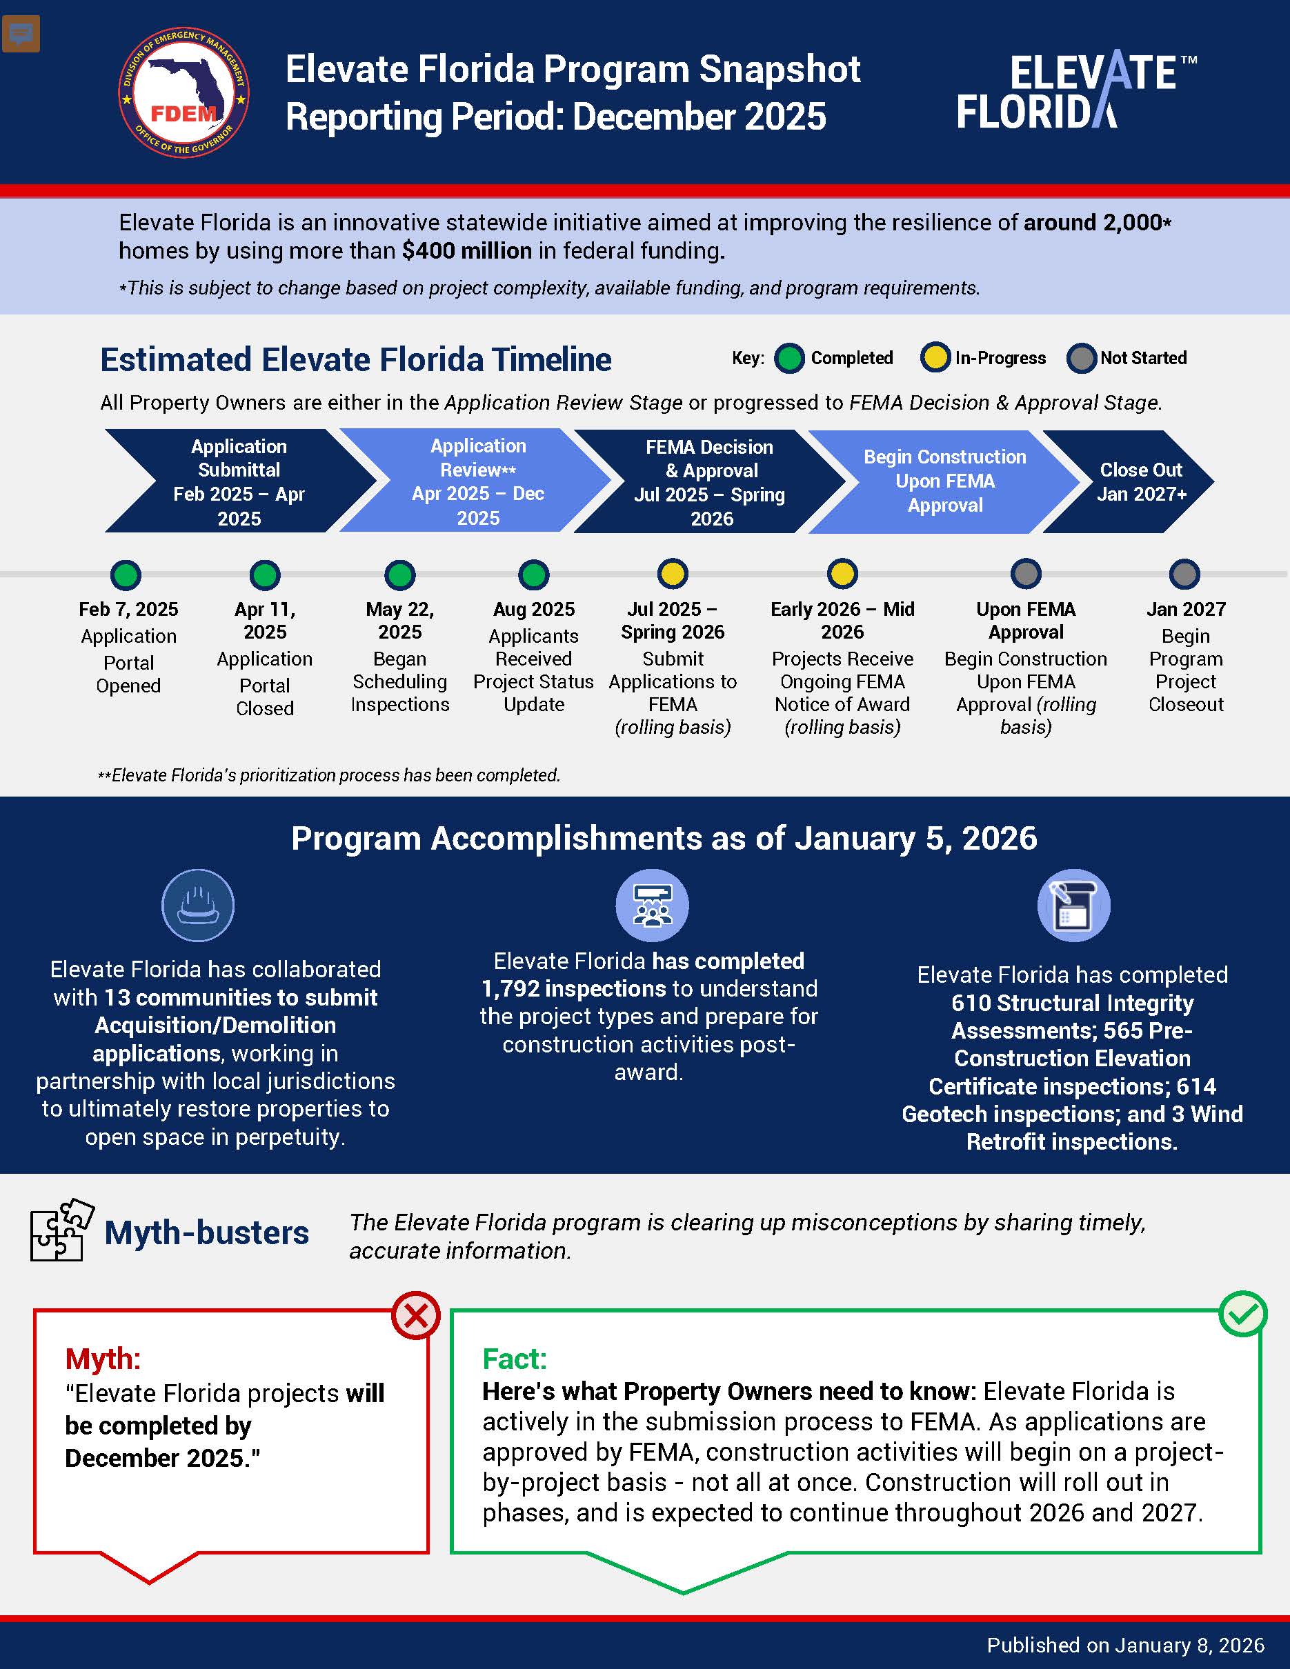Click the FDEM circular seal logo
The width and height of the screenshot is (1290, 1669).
(x=183, y=93)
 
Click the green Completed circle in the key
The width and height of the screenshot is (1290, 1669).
(x=789, y=359)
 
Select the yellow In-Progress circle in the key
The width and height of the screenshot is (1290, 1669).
(x=935, y=359)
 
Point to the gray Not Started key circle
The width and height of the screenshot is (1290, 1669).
(x=1080, y=359)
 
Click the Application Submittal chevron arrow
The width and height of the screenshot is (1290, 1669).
(x=239, y=481)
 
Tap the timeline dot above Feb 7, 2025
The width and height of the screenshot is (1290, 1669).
(x=126, y=574)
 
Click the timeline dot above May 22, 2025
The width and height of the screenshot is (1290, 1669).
(x=399, y=574)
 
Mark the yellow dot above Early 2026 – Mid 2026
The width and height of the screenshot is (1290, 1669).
(x=842, y=574)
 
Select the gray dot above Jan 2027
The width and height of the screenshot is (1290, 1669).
(x=1184, y=574)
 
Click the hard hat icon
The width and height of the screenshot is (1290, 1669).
(x=198, y=906)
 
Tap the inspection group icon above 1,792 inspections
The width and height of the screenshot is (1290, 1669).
(x=652, y=906)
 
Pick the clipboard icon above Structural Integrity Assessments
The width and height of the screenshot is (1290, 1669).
(x=1073, y=906)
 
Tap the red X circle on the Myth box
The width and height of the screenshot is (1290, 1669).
(x=416, y=1316)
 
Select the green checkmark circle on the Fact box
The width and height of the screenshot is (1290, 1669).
(x=1242, y=1315)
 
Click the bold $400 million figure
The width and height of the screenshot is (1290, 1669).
(x=467, y=250)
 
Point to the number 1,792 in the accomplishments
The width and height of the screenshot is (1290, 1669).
(x=510, y=989)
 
